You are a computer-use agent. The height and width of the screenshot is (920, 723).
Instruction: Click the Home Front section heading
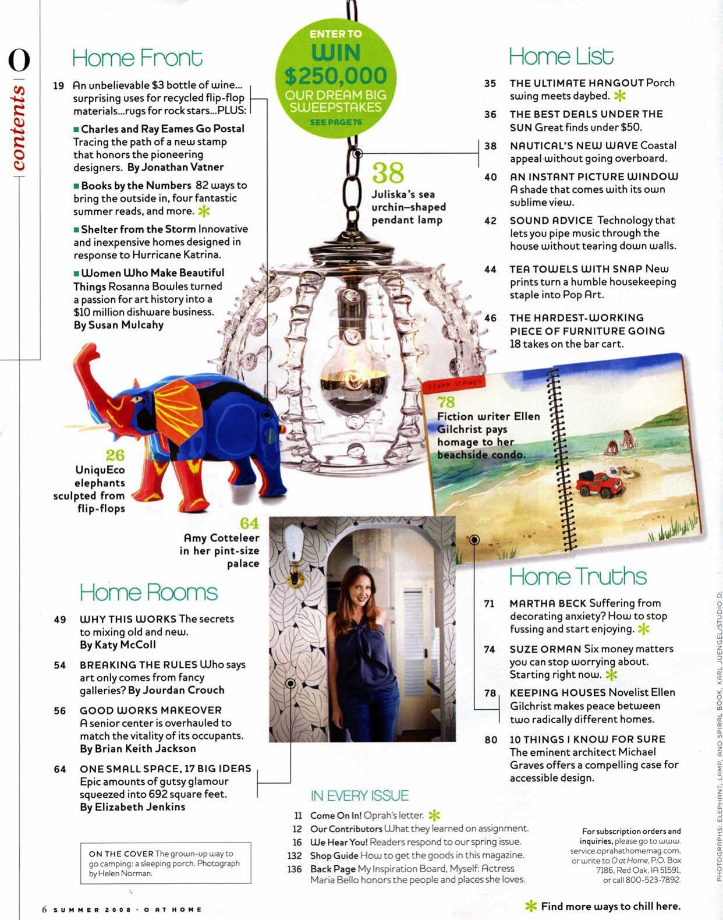(137, 58)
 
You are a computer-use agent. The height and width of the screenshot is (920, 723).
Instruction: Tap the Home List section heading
(561, 56)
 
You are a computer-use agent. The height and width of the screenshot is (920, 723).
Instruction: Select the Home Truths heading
(577, 576)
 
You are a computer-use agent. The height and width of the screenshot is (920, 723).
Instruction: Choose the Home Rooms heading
(148, 592)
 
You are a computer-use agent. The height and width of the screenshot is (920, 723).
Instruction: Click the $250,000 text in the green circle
(336, 76)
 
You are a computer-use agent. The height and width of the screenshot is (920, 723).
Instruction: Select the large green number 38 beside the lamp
(388, 173)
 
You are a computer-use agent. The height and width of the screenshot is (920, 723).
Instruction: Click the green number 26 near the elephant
(115, 455)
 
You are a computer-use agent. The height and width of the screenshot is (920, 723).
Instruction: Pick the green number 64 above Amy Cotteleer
(249, 523)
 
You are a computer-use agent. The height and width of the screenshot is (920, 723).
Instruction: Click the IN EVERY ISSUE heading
(359, 795)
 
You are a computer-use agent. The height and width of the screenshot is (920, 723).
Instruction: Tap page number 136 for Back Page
(295, 869)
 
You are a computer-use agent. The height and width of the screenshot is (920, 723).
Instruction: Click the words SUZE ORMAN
(545, 649)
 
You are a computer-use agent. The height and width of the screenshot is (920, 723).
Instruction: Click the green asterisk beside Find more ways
(530, 906)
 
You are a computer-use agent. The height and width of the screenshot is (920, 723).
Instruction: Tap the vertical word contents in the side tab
(19, 128)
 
